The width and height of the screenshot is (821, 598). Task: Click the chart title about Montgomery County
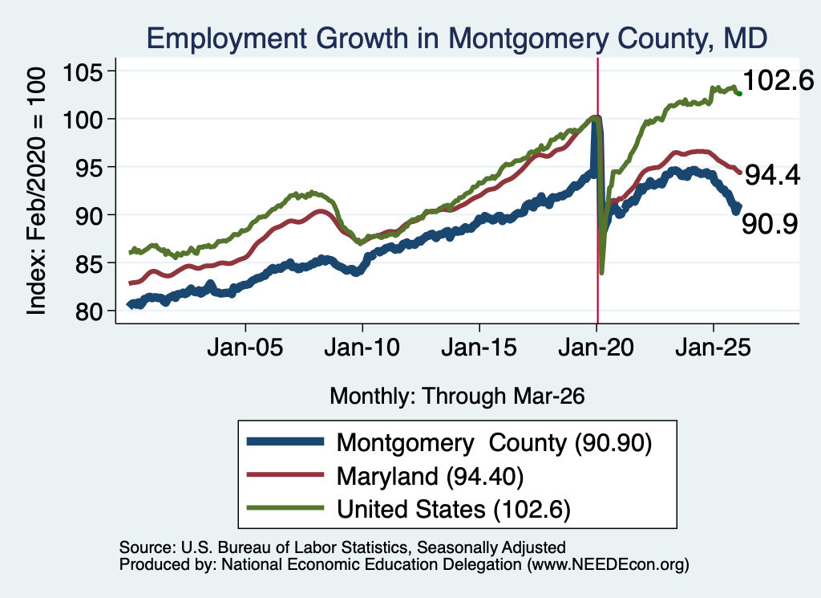[456, 39]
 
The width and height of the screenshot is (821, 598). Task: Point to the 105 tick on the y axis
[83, 71]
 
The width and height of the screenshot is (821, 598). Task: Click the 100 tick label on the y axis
[83, 120]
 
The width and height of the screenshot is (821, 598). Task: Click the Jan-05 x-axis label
[245, 348]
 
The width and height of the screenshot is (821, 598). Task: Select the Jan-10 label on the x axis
[362, 348]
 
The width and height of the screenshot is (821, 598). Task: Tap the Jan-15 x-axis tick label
[479, 348]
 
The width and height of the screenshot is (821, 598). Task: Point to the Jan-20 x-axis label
[597, 348]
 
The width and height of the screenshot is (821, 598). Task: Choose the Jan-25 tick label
[713, 348]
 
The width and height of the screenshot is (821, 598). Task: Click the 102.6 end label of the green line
[779, 81]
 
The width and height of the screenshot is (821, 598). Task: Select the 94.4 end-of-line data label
[772, 175]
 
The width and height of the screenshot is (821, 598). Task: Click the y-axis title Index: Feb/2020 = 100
[37, 191]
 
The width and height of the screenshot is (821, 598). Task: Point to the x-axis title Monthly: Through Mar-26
[457, 397]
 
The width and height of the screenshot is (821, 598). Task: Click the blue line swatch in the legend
[285, 441]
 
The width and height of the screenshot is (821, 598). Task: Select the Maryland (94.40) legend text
[430, 477]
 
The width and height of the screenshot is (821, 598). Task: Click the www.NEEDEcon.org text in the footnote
[609, 564]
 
